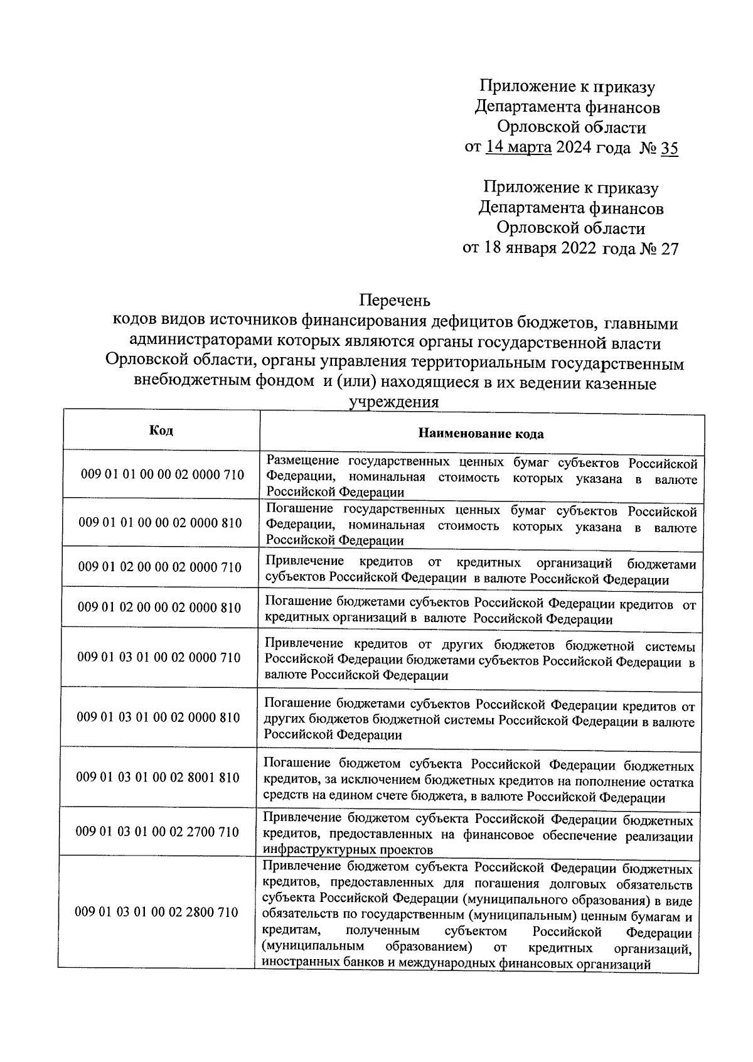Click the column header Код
click(x=161, y=430)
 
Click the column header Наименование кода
click(x=481, y=434)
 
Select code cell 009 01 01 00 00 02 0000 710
click(x=163, y=475)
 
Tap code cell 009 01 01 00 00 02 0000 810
click(x=161, y=523)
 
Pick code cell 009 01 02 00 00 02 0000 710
click(x=160, y=567)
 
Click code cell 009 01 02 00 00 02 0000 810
click(x=159, y=608)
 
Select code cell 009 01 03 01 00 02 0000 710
click(x=159, y=657)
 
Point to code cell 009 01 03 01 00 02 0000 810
click(x=158, y=717)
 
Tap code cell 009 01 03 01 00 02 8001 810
click(x=158, y=778)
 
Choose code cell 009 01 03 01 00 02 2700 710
click(x=157, y=832)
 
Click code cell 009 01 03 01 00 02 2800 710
click(x=156, y=912)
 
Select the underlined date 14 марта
click(x=519, y=148)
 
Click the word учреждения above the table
click(x=394, y=402)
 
